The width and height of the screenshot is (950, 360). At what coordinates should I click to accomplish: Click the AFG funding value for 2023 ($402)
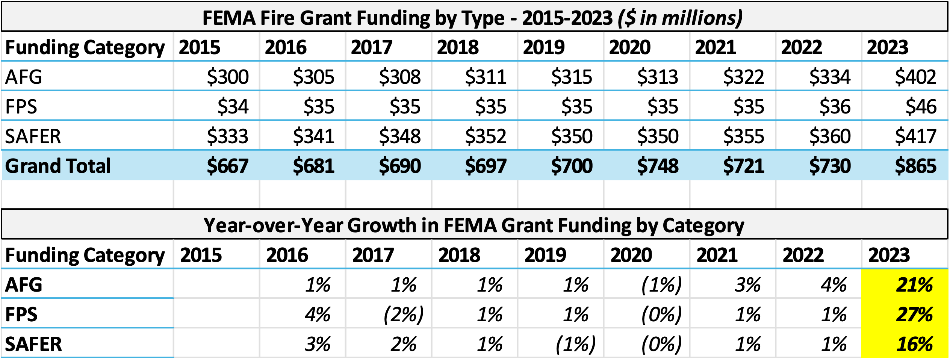(x=915, y=77)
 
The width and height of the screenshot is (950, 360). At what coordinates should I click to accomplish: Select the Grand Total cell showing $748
(x=658, y=166)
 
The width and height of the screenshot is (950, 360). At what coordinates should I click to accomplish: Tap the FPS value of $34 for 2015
(x=233, y=107)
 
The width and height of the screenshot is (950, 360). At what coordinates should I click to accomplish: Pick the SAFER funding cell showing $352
(x=486, y=136)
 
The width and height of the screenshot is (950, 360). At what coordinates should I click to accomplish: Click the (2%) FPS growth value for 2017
(x=403, y=315)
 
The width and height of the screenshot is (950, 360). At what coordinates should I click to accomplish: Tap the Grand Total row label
(x=58, y=166)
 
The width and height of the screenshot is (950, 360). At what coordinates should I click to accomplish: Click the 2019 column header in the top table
(x=543, y=47)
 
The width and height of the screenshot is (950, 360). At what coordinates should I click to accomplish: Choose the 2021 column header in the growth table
(x=717, y=255)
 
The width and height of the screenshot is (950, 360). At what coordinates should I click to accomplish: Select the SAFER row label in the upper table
(x=33, y=136)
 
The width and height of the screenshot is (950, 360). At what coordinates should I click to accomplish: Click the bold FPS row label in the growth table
(x=21, y=315)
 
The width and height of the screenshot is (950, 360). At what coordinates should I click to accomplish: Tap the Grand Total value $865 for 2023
(x=915, y=166)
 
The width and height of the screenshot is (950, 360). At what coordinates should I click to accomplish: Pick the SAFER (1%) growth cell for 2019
(x=575, y=344)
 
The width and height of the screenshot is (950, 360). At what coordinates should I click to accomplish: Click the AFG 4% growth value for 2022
(x=833, y=285)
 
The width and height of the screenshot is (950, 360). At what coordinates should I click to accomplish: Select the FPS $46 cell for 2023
(x=921, y=107)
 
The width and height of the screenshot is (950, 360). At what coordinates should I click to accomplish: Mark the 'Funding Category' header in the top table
(x=85, y=47)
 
